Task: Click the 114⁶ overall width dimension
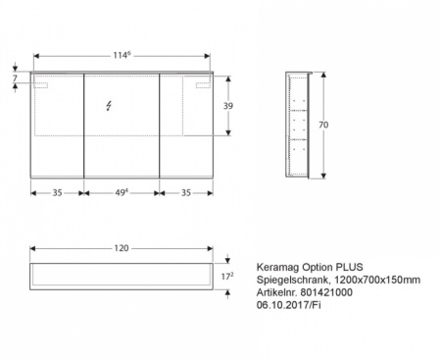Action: pos(122,55)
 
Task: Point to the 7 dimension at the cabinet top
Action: pos(16,78)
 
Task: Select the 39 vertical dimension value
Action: pos(228,105)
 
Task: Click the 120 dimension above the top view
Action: pos(122,249)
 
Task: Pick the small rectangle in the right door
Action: pos(204,88)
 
